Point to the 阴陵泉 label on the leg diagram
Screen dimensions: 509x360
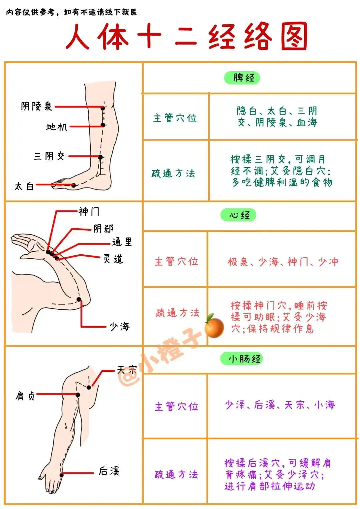point(36,106)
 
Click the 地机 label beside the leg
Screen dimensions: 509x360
point(57,127)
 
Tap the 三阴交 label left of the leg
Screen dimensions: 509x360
point(49,156)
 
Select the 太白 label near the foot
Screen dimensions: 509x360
point(24,186)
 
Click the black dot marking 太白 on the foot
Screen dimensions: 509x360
point(74,185)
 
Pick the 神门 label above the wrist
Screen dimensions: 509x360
point(89,211)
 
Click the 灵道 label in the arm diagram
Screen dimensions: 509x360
point(113,259)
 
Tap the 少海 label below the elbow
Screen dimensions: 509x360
point(119,326)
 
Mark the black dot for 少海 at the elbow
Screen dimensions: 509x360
point(79,299)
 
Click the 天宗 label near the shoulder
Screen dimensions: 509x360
point(127,370)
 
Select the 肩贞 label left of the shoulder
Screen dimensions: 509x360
point(25,396)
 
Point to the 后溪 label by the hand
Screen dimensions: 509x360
point(109,471)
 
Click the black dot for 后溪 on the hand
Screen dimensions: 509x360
point(62,475)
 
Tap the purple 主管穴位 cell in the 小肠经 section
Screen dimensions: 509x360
point(176,406)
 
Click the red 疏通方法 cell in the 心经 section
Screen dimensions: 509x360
point(177,313)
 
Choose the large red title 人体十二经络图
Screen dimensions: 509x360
point(186,37)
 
